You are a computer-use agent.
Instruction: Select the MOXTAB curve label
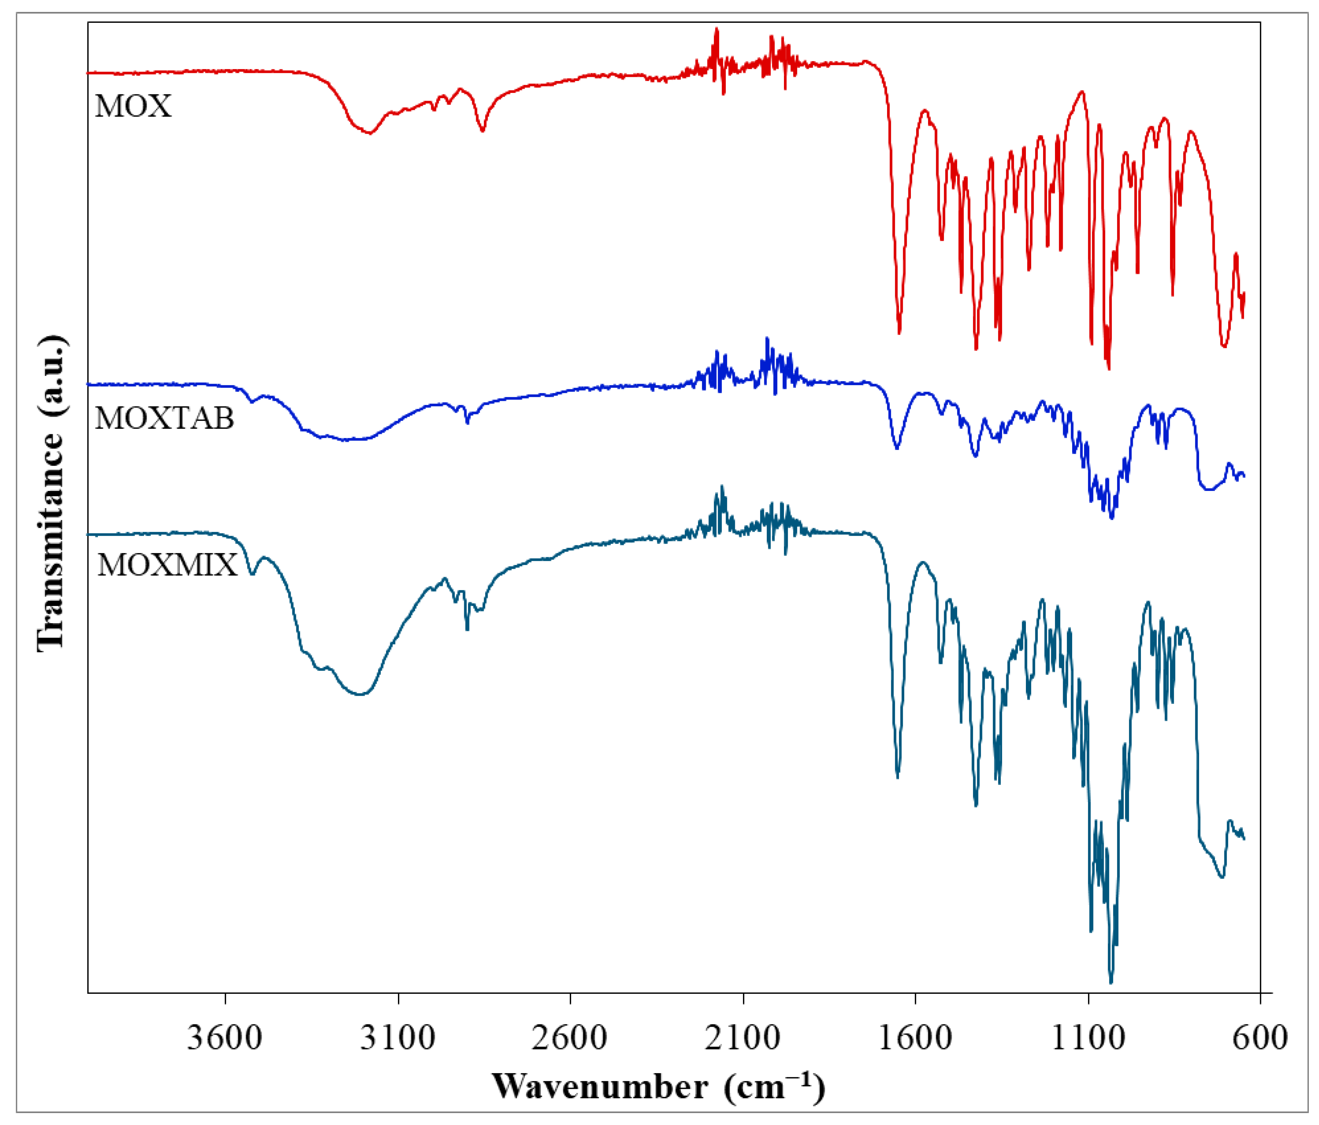(x=164, y=418)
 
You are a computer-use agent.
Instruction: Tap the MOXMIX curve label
(x=167, y=565)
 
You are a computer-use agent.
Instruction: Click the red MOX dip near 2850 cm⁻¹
(x=482, y=130)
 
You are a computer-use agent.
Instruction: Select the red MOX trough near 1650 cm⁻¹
(x=899, y=332)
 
